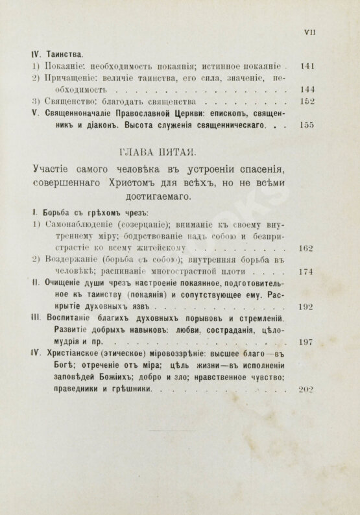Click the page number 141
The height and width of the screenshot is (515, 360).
click(x=304, y=67)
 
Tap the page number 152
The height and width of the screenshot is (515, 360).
click(x=304, y=101)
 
